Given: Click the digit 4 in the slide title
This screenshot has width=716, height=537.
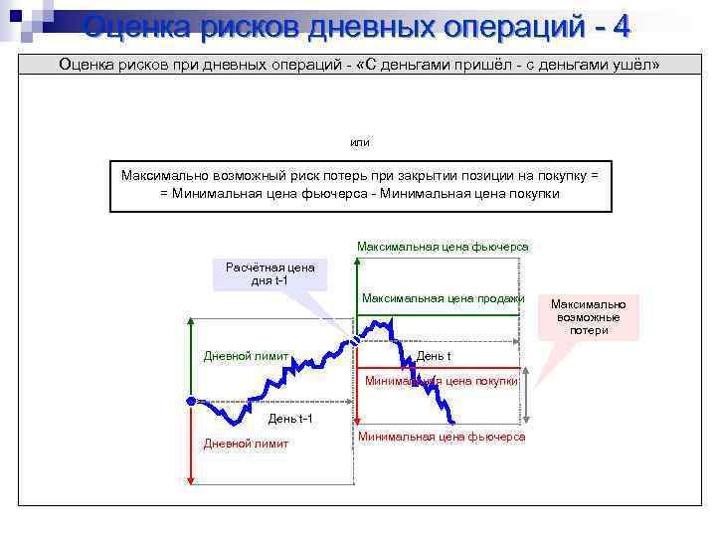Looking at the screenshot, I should pos(621,25).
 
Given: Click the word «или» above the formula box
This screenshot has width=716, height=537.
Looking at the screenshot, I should pos(360,142).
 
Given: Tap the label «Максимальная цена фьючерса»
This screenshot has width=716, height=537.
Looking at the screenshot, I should pos(443,246).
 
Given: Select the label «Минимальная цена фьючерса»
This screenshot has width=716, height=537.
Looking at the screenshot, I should pos(442,437).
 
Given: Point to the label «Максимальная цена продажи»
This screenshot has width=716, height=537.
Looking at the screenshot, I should pos(443,298).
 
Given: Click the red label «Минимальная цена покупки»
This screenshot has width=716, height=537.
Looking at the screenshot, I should pos(442,380).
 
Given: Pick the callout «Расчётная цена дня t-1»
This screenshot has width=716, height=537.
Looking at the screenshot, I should pos(269,273).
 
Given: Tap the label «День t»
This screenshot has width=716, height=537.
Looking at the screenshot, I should pos(433,356).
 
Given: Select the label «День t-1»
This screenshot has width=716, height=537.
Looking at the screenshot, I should pos(290,418).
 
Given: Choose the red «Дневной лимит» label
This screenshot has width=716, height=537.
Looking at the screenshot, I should pos(246,444).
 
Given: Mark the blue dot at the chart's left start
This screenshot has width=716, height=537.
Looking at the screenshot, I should pos(190,400).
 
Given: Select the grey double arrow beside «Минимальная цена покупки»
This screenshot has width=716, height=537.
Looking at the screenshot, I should pos(527,398).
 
